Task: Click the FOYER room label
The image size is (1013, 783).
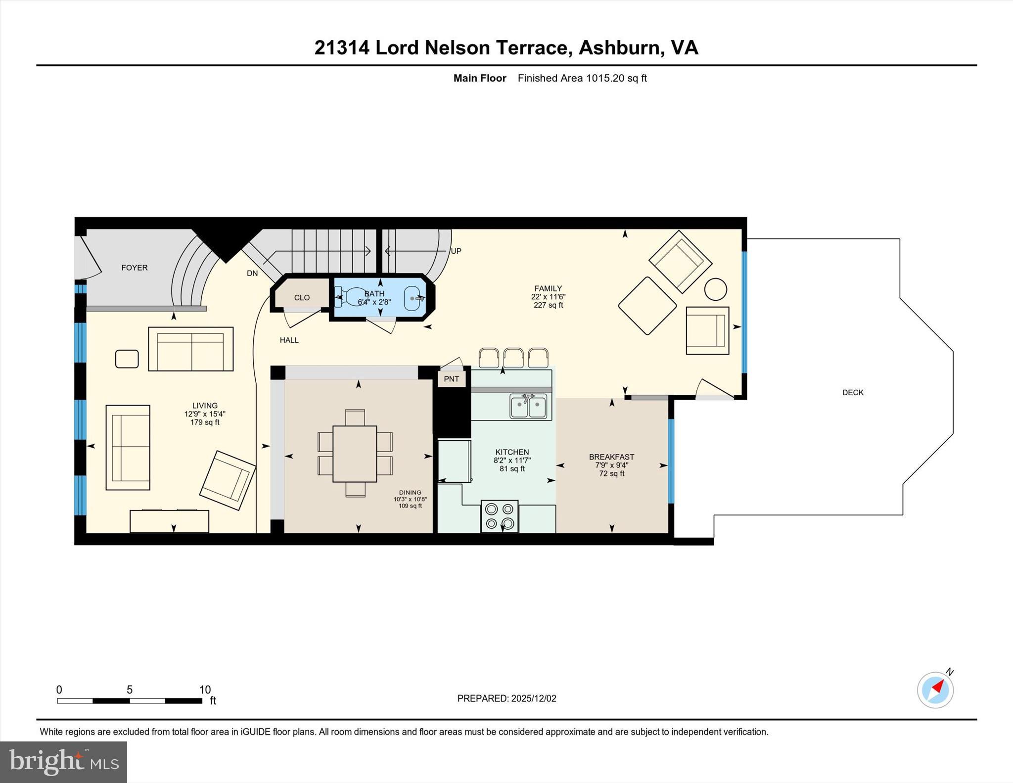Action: point(135,268)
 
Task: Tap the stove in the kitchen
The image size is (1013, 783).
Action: point(500,516)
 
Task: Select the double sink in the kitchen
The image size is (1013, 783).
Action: point(528,407)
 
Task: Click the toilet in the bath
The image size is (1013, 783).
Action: point(350,297)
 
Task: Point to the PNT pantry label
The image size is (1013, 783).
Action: point(451,379)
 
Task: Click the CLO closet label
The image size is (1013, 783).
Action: point(302,297)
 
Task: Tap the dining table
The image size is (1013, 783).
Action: point(355,454)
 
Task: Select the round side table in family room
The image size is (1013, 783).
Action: point(715,289)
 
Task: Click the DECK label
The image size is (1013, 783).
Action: point(853,392)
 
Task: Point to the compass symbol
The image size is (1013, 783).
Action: point(935,690)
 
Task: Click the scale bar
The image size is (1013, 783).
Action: point(130,700)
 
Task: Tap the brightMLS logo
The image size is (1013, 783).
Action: point(63,762)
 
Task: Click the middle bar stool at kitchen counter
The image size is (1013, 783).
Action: point(513,358)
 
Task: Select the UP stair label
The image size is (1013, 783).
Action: point(456,251)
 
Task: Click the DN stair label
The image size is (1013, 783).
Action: point(252,273)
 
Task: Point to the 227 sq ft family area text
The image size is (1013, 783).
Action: point(548,305)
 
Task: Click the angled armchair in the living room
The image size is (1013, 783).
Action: point(228,480)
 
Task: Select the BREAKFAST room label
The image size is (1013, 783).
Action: point(611,457)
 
